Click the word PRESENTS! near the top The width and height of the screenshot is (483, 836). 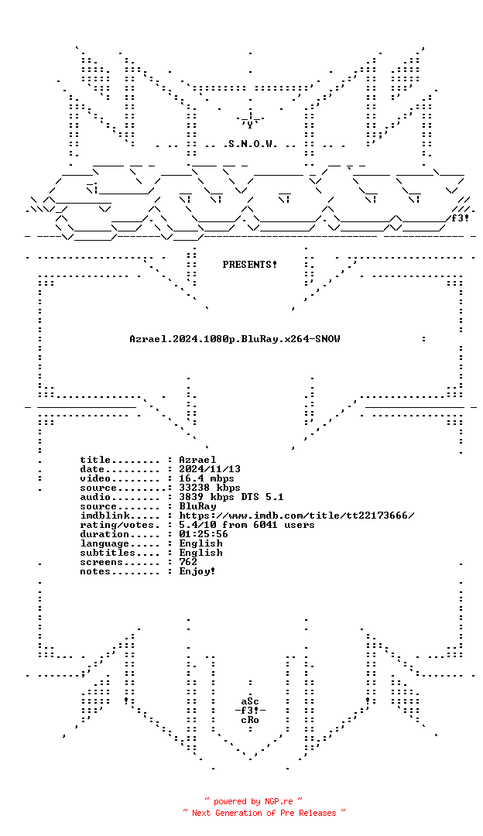pyautogui.click(x=249, y=265)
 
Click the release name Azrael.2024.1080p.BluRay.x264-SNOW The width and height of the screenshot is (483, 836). pyautogui.click(x=235, y=339)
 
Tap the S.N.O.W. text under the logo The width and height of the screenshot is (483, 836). pyautogui.click(x=250, y=144)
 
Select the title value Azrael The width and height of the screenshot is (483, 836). pyautogui.click(x=197, y=460)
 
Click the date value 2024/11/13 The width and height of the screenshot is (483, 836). pyautogui.click(x=210, y=469)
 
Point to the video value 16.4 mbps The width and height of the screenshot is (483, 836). pyautogui.click(x=207, y=478)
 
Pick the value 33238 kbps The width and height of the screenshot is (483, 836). pyautogui.click(x=210, y=488)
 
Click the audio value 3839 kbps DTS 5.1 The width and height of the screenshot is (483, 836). pyautogui.click(x=231, y=497)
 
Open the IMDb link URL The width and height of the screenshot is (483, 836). pyautogui.click(x=296, y=516)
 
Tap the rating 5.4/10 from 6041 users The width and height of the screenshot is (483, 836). pyautogui.click(x=247, y=525)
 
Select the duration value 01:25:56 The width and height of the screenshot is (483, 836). pyautogui.click(x=204, y=534)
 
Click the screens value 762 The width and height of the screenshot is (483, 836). pyautogui.click(x=188, y=562)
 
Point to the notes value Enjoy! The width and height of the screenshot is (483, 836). pyautogui.click(x=197, y=571)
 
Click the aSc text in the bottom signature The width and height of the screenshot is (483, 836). pyautogui.click(x=250, y=701)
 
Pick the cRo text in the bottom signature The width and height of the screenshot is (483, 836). pyautogui.click(x=250, y=721)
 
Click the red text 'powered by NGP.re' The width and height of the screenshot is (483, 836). pyautogui.click(x=253, y=801)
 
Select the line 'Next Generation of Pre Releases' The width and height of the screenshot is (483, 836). pyautogui.click(x=264, y=813)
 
